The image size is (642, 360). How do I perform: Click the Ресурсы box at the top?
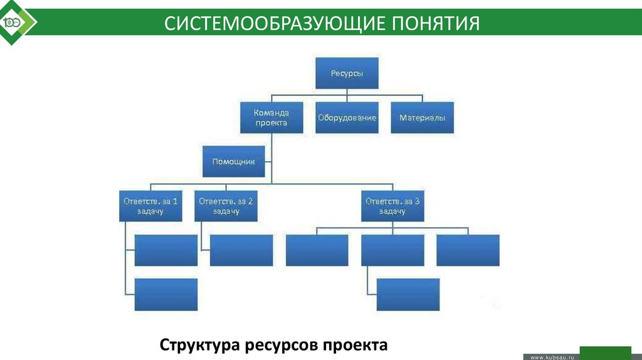point(347,73)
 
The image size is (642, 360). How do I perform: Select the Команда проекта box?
point(271,117)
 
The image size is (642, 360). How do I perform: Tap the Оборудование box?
point(347,117)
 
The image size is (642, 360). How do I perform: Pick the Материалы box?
point(422,117)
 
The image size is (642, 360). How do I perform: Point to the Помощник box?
point(233,161)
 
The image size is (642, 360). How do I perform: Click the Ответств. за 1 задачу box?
point(150,206)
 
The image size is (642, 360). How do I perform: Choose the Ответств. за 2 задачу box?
point(226,206)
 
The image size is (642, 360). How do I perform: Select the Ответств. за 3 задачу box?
point(392,206)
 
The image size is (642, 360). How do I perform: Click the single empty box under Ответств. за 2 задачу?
point(241,250)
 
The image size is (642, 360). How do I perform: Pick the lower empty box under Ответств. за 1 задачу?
point(166,294)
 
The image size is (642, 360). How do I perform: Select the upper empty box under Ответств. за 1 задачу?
point(166,250)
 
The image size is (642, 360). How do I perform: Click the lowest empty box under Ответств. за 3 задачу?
point(408,294)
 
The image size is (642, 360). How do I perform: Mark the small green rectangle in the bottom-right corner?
point(605,352)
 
